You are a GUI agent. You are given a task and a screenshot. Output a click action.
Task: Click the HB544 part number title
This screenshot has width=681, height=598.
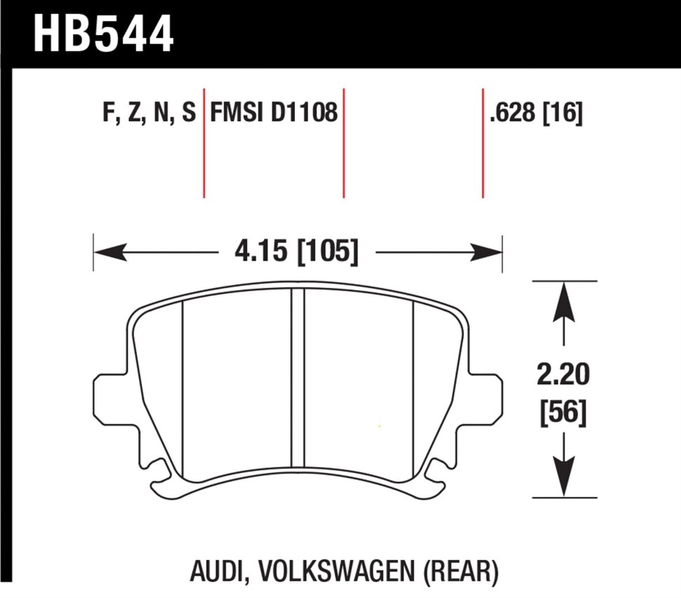coord(103,34)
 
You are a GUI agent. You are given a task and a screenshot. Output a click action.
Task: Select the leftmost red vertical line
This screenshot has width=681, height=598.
coord(204,144)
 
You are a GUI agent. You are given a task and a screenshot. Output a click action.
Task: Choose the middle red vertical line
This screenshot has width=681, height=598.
coord(343,144)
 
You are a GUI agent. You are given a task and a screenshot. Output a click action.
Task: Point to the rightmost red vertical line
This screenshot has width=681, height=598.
coord(483,144)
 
